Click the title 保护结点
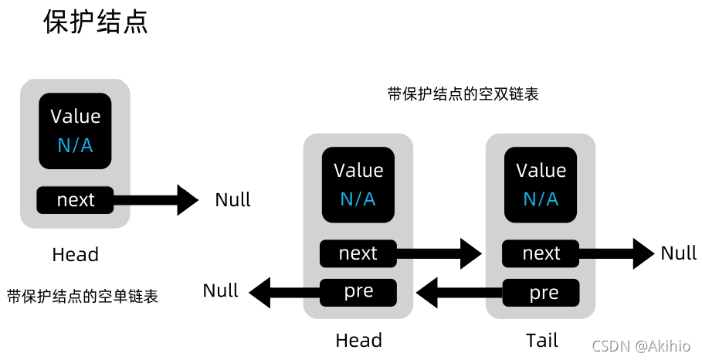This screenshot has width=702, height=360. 94,22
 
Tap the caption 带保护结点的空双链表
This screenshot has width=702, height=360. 463,94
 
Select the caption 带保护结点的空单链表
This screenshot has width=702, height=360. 83,296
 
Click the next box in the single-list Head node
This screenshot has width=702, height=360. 76,200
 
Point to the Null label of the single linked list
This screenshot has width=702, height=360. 232,200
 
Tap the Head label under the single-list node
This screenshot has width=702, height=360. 76,254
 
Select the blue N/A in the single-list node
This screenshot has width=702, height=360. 76,145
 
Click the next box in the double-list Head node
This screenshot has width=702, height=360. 358,253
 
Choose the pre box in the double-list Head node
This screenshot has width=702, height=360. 358,292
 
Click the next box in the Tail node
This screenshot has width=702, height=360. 541,253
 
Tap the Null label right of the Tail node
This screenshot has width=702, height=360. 678,253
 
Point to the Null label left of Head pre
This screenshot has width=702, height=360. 221,291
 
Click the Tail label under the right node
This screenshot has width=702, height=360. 541,340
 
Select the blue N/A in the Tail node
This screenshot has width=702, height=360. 541,199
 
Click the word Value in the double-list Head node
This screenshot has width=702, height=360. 358,171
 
